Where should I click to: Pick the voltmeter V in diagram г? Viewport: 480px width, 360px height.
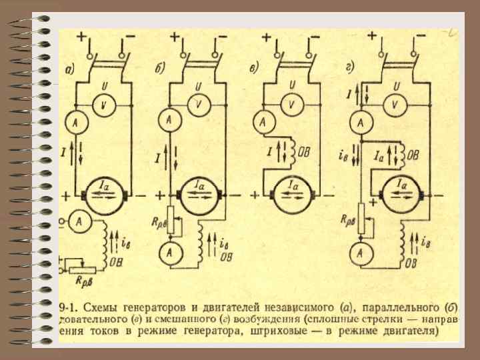click(x=395, y=105)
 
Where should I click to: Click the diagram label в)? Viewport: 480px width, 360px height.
click(x=256, y=67)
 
